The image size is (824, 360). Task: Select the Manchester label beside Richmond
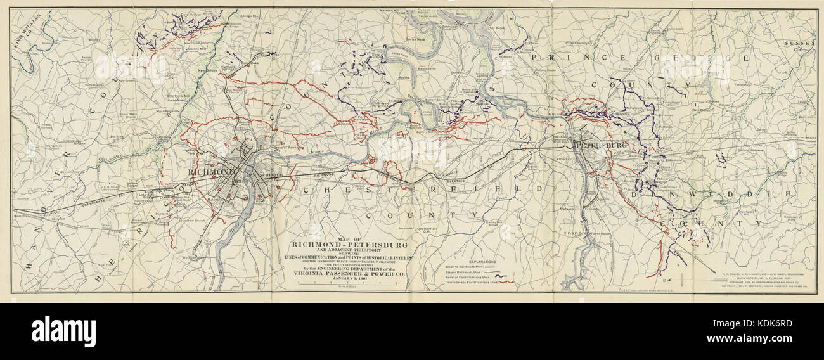[x=269, y=173]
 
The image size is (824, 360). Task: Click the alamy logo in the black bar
[x=63, y=331]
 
